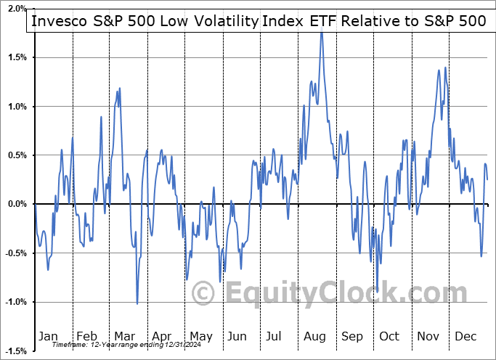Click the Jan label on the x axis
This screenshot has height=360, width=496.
(48, 336)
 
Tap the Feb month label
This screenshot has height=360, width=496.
(86, 336)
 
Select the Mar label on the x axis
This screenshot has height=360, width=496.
(123, 336)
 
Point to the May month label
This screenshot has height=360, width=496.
(200, 336)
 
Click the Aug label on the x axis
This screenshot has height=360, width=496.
(315, 336)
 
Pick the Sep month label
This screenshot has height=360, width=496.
(352, 336)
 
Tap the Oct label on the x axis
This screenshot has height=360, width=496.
(389, 336)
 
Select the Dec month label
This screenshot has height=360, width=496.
(465, 336)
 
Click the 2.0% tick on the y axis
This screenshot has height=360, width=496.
(15, 9)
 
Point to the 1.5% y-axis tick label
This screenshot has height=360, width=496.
(15, 57)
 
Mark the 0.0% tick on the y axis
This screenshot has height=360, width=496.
(15, 204)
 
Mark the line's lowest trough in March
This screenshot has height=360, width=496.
(137, 303)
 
